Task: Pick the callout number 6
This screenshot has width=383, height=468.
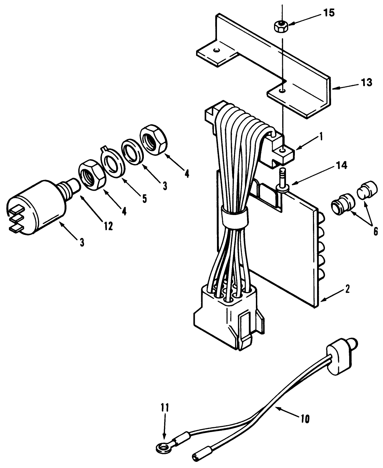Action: [375, 231]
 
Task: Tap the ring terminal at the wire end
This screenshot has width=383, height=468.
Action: [160, 446]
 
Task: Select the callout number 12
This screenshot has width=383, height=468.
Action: [108, 226]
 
